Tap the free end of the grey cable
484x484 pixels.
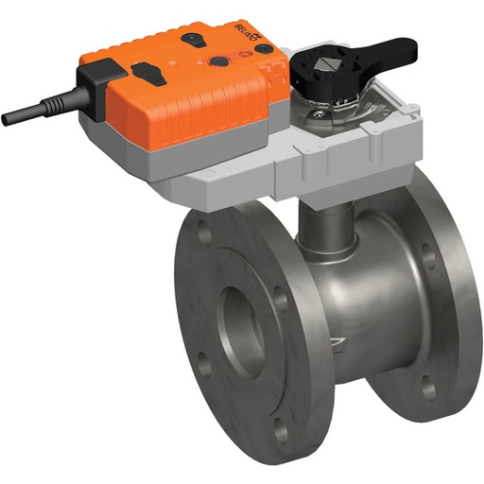(6, 119)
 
